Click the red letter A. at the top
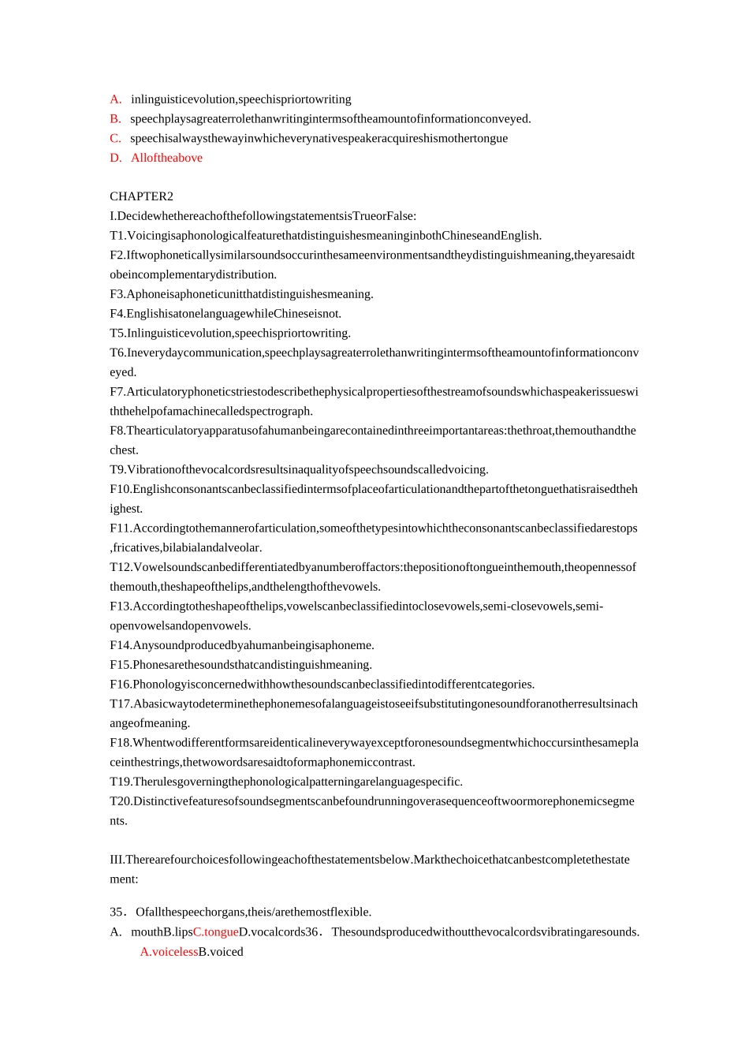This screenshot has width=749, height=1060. tap(116, 99)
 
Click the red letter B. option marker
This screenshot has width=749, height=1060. tap(116, 119)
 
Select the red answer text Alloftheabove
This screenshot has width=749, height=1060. tap(166, 158)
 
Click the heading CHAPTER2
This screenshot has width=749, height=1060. tap(141, 196)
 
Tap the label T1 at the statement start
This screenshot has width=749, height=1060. tap(117, 236)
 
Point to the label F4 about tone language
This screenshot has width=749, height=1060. tap(117, 314)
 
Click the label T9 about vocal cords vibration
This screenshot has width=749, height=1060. tap(117, 470)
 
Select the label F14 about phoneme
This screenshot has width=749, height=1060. tap(121, 645)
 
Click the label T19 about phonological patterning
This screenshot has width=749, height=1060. tap(121, 782)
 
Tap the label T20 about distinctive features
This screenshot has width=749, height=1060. tap(121, 801)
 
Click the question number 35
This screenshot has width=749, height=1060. tap(117, 913)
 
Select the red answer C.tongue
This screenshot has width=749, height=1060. tap(215, 932)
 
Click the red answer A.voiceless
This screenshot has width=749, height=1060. tap(169, 952)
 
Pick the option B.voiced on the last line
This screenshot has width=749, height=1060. tap(221, 952)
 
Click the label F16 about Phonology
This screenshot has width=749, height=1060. tap(121, 685)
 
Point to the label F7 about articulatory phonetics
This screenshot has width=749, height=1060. tap(117, 392)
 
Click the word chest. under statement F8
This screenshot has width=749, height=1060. tap(124, 450)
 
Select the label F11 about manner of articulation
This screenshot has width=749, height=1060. tap(121, 528)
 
